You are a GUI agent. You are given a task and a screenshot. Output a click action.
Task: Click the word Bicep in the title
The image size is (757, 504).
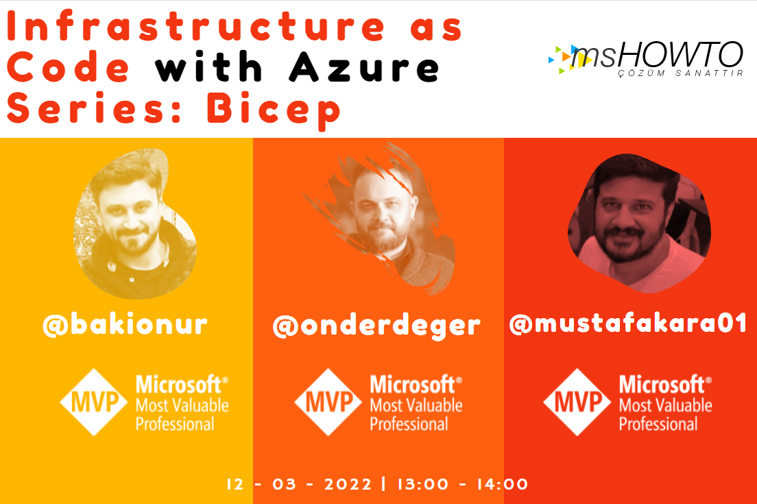274,110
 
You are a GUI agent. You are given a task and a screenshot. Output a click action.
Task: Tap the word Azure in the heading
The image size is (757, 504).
365,67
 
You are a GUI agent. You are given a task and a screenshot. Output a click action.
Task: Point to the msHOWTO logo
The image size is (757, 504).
645,58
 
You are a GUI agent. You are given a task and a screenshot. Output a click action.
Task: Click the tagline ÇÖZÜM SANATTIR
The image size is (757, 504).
681,73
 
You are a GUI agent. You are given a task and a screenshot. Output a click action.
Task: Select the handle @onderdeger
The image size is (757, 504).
376,326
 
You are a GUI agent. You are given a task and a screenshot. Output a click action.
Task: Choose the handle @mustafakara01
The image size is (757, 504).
628,324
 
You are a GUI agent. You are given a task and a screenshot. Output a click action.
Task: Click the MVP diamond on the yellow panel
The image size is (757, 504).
94,402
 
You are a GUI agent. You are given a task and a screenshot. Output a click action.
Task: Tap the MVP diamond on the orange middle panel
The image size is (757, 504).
328,402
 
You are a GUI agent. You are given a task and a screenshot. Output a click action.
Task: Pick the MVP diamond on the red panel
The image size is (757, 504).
577,402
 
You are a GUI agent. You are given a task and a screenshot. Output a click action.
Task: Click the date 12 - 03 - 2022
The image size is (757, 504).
299,483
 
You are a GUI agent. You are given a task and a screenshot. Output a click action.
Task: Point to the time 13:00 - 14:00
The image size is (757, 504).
463,483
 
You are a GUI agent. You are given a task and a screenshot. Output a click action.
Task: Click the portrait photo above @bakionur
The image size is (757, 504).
134,223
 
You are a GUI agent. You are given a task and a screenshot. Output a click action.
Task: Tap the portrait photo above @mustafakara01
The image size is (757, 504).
639,223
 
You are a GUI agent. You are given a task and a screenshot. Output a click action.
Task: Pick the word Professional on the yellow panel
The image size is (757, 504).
175,424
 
